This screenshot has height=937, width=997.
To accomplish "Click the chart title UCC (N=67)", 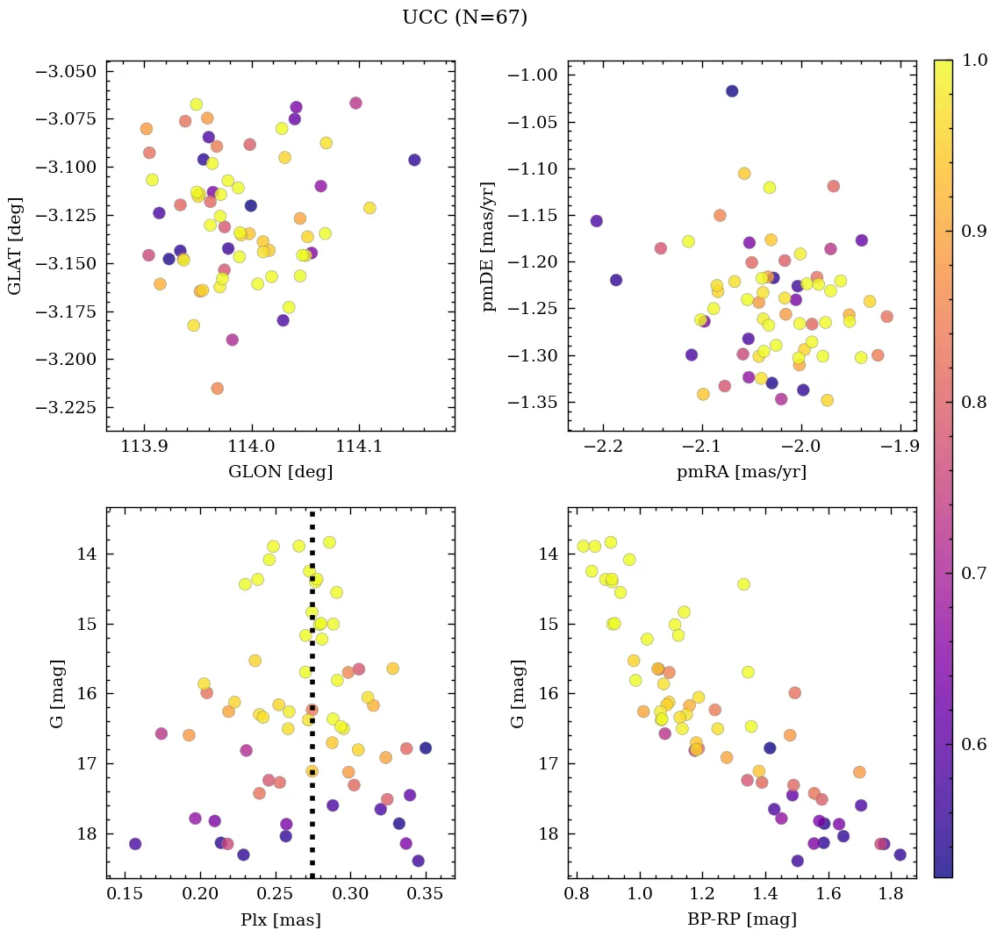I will (x=464, y=18).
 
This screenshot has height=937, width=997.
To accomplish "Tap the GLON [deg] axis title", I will (x=280, y=472).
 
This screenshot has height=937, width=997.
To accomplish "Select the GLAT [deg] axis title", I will (x=15, y=246).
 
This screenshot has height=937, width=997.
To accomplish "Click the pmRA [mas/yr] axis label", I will (x=742, y=472).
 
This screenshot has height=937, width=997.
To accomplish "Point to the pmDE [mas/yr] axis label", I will (x=488, y=246).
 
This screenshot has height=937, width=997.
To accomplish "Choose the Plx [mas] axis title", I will (x=280, y=919).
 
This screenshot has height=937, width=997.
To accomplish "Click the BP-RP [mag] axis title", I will (x=742, y=919).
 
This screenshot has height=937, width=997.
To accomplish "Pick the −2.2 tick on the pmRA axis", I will (x=608, y=446).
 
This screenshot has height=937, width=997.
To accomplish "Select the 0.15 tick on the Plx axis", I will (x=126, y=893).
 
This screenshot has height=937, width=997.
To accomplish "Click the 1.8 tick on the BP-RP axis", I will (x=892, y=893).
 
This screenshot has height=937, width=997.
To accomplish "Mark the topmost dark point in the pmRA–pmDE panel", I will (x=732, y=91).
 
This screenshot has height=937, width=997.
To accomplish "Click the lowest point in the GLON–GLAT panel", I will (x=217, y=388).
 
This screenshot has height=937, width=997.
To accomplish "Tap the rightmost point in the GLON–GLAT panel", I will (x=414, y=160).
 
